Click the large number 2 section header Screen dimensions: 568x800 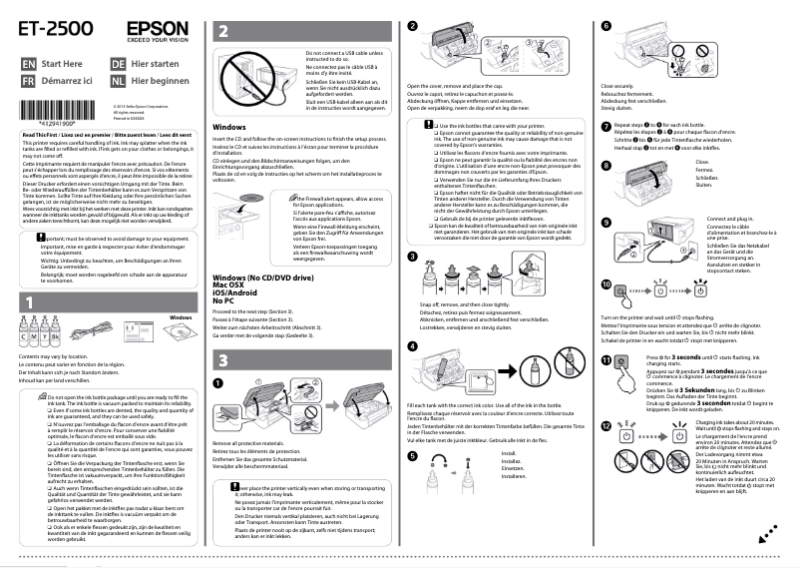click(x=224, y=32)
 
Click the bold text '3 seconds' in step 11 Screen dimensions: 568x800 click(x=682, y=355)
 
